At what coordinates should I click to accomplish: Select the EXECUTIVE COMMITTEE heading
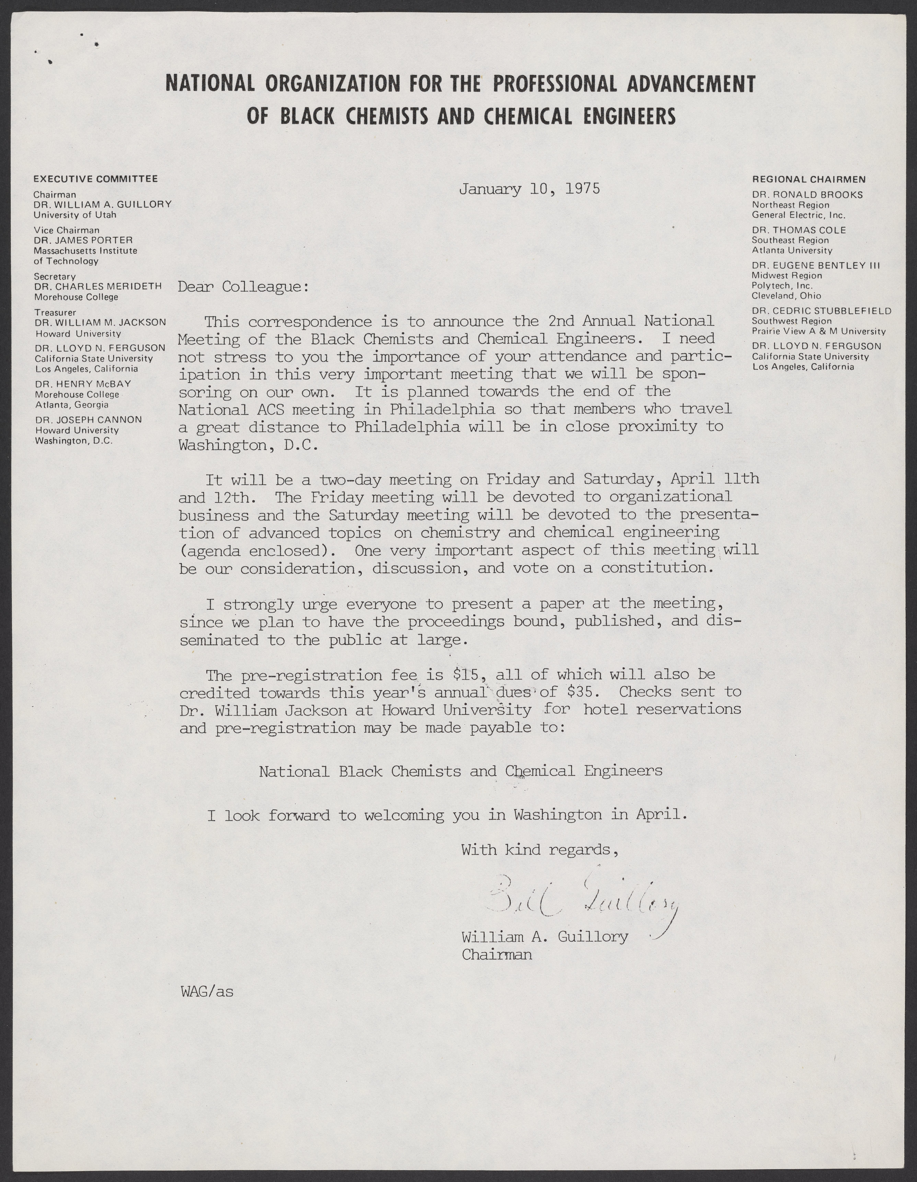[x=95, y=179]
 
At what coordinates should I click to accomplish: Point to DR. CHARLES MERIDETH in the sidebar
[x=98, y=286]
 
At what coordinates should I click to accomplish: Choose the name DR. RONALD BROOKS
[x=807, y=194]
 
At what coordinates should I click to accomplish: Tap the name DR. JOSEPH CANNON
[x=88, y=419]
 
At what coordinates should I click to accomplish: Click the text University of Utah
[x=75, y=215]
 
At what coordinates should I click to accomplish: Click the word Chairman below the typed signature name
[x=497, y=955]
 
